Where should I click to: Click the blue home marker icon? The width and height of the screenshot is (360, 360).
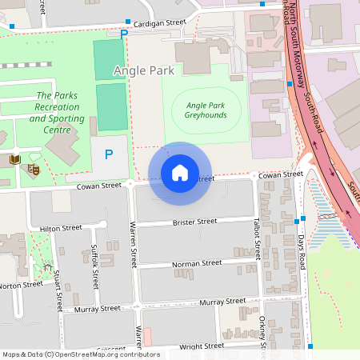tap(180, 173)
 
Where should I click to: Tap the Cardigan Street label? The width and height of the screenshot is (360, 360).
tap(159, 23)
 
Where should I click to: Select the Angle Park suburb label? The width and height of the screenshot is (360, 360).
tap(143, 70)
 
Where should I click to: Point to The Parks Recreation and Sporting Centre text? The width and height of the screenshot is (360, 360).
tap(55, 113)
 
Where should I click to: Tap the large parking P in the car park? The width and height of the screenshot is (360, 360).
tap(109, 154)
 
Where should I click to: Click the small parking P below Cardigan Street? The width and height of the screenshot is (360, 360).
tap(123, 34)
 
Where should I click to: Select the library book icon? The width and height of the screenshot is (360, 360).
tap(14, 160)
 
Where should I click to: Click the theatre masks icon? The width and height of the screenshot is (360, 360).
tap(34, 169)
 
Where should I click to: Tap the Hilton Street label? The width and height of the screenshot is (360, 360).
tap(61, 228)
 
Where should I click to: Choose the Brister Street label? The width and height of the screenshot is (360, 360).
tap(195, 222)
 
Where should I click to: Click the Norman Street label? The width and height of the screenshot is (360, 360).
tap(196, 262)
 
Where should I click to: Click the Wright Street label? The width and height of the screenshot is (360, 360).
tap(201, 346)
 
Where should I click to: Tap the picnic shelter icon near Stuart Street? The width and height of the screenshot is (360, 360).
tap(48, 267)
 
